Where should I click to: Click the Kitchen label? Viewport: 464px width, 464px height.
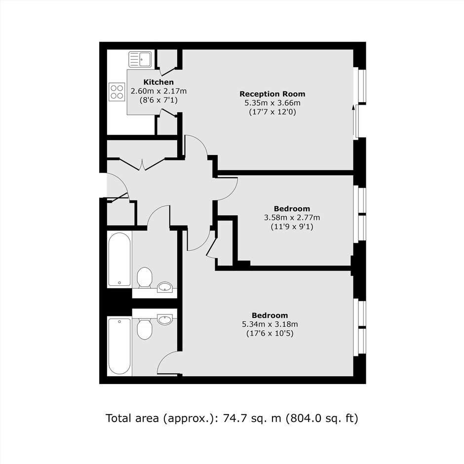coord(158,82)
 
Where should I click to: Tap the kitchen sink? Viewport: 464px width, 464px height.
coord(140,59)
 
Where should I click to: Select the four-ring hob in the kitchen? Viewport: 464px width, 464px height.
coord(117,92)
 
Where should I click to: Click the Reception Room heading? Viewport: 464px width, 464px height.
coord(272,94)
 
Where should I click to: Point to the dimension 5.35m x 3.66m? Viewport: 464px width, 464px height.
coord(272,103)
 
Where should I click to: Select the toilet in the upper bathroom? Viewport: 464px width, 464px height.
coord(145,277)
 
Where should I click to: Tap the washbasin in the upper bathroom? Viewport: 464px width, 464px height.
coord(165,287)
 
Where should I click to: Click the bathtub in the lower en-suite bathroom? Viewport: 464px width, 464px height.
coord(119,346)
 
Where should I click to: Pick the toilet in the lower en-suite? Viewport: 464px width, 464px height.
coord(145,328)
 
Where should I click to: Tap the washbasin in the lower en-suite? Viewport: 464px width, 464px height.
coord(165,319)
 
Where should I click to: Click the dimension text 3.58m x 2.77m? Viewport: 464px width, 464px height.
coord(292,218)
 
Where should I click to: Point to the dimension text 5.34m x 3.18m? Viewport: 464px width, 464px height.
coord(270,324)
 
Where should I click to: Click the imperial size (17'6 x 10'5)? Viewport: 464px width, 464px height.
coord(270,334)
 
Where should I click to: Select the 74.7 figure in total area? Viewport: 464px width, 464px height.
coord(233,418)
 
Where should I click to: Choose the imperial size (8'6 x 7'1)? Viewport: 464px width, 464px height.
coord(158,100)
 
